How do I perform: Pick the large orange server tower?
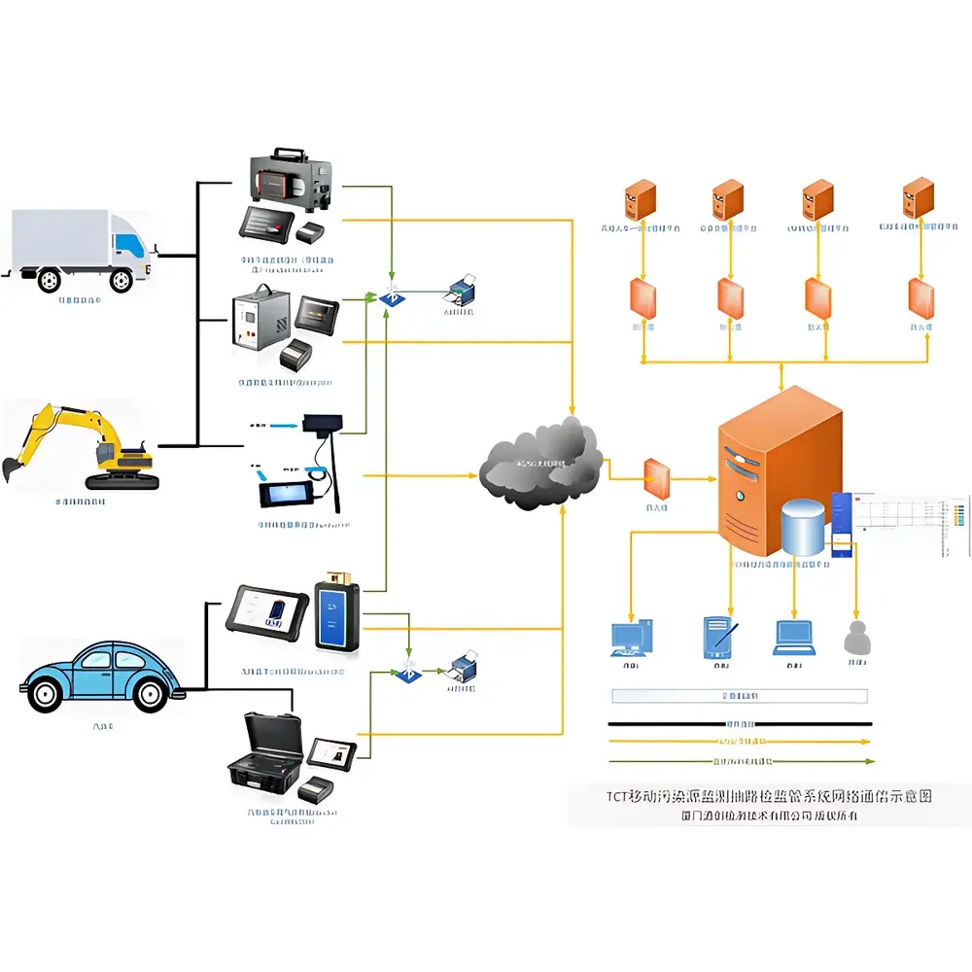click(x=778, y=467)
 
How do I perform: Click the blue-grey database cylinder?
click(x=803, y=528)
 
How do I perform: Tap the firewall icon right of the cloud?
click(x=657, y=476)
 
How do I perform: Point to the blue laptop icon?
click(x=793, y=637)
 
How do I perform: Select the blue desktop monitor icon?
click(x=632, y=638)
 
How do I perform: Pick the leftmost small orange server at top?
click(x=639, y=200)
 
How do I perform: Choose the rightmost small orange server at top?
click(x=918, y=199)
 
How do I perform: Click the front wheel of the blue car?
click(x=149, y=693)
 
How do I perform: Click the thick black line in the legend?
click(x=739, y=724)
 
